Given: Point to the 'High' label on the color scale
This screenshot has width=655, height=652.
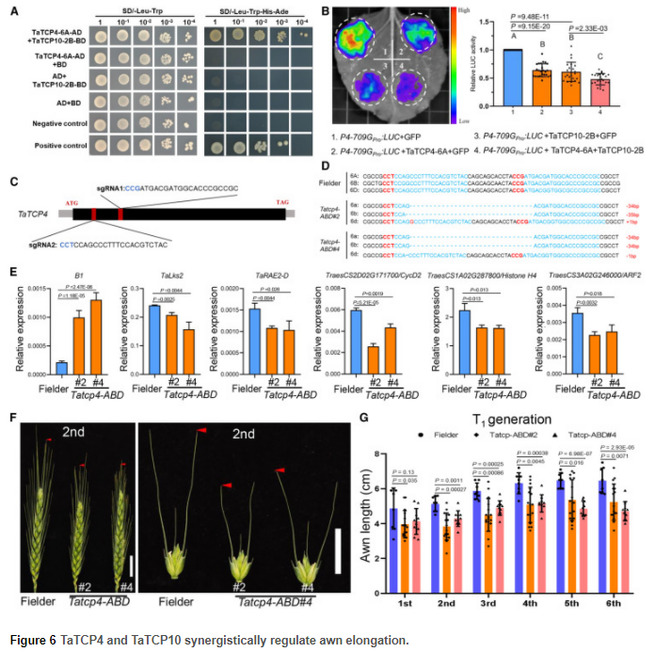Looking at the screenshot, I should [x=452, y=8].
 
